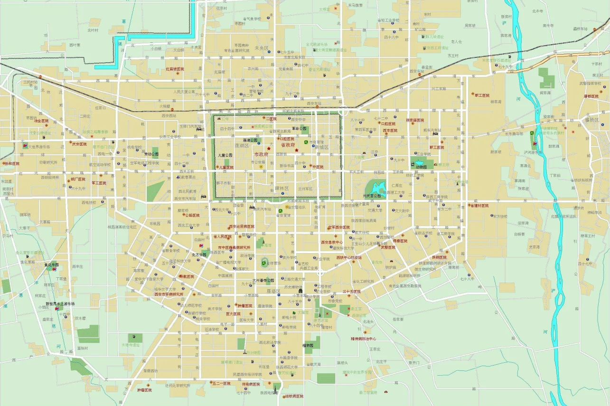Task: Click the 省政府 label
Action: (x=288, y=145)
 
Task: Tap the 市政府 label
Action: (x=261, y=154)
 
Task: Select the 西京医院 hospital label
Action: (x=390, y=130)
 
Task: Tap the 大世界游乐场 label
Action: (x=39, y=147)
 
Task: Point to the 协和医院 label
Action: (x=12, y=163)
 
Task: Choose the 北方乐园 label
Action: (x=199, y=255)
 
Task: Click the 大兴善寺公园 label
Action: (x=263, y=280)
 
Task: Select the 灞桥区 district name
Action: (x=592, y=120)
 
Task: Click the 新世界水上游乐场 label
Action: (x=60, y=303)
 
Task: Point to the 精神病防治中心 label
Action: (x=364, y=339)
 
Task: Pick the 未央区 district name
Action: (x=262, y=47)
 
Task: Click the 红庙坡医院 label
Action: (x=175, y=69)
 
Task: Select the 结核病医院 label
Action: (x=294, y=396)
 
